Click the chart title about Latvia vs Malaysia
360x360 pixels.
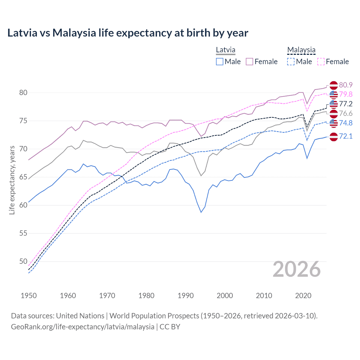click(128, 33)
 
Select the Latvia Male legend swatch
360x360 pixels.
click(220, 62)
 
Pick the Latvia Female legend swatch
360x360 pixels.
click(249, 62)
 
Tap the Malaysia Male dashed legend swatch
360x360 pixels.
click(291, 62)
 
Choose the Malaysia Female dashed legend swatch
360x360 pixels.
click(321, 62)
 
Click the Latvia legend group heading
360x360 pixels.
click(226, 50)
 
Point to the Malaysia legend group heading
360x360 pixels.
click(301, 50)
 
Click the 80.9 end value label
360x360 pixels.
click(346, 85)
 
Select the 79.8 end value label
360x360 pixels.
click(346, 94)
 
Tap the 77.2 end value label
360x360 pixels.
click(346, 104)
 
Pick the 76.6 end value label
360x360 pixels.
click(346, 113)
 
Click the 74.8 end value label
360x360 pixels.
click(346, 123)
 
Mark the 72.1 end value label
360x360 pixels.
click(346, 136)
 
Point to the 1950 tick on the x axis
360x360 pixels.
click(29, 296)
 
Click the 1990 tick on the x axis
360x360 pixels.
click(186, 296)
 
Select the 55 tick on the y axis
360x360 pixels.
click(23, 233)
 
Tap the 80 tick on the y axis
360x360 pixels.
click(23, 93)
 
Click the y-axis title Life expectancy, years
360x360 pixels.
click(12, 180)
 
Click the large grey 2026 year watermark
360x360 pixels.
click(296, 269)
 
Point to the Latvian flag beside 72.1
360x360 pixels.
click(334, 137)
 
